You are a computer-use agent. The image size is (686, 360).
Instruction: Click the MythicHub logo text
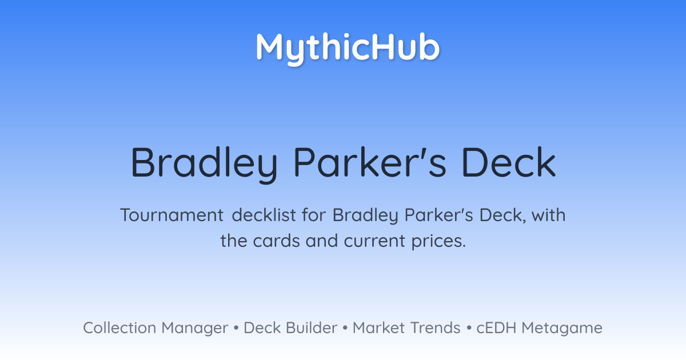click(348, 49)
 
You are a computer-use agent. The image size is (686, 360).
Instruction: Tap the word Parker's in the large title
click(370, 162)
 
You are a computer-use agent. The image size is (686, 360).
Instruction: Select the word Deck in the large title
click(509, 162)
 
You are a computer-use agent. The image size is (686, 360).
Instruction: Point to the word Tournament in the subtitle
click(172, 215)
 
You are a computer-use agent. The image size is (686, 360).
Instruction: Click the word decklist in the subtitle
click(264, 215)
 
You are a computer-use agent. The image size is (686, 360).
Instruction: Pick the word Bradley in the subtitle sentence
click(365, 215)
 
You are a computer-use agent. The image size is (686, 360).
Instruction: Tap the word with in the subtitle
click(548, 215)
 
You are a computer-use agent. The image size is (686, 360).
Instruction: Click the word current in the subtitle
click(374, 241)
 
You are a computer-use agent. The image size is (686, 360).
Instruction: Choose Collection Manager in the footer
click(155, 328)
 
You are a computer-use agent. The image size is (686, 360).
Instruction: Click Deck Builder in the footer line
click(290, 328)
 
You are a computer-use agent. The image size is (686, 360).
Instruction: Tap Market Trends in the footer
click(406, 328)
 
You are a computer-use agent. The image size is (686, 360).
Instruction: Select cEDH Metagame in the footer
click(539, 328)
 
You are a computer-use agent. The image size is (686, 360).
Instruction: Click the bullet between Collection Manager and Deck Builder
click(236, 328)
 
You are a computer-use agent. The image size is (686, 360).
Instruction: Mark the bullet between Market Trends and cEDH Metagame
click(469, 328)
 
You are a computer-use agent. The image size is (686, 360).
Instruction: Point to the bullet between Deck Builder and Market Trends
click(345, 328)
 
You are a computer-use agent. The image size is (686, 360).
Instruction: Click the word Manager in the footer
click(195, 329)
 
